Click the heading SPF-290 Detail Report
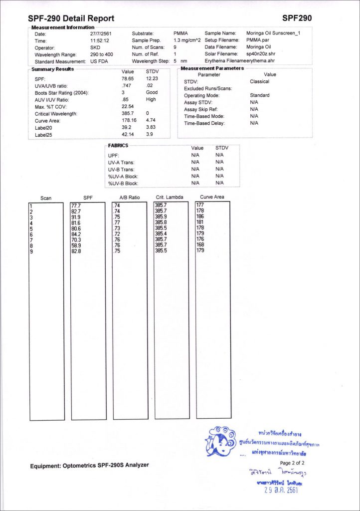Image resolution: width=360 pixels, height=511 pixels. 71,18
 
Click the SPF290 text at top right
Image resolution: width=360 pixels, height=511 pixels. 297,18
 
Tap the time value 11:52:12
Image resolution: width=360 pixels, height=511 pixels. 100,40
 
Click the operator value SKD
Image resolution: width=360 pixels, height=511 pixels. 95,47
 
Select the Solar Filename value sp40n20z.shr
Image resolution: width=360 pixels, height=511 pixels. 261,54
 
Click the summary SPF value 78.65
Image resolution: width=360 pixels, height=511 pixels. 128,79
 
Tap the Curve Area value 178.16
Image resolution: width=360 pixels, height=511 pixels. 129,121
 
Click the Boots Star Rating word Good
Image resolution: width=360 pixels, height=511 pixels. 152,93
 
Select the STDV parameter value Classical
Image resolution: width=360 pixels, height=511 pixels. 259,81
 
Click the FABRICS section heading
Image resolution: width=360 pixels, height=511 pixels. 118,146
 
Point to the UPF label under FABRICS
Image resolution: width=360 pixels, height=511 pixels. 113,156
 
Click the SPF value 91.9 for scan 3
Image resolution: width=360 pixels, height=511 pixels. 77,217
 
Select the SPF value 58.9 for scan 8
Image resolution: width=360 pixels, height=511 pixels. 77,246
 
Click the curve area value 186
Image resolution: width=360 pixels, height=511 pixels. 200,217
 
